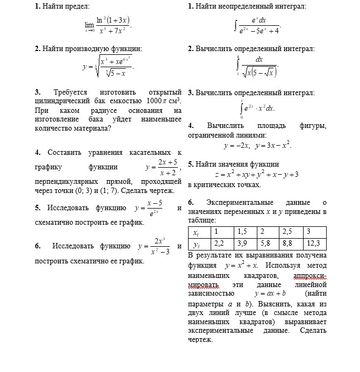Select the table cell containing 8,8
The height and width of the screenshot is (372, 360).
(291, 243)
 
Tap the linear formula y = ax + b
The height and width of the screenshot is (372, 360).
(270, 294)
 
